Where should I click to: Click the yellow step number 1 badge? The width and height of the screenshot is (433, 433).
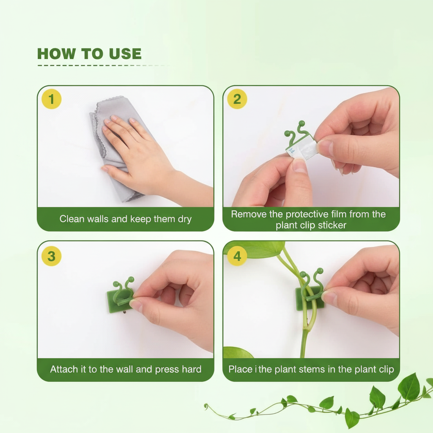(51, 99)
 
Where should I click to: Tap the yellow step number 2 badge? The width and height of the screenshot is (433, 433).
(237, 99)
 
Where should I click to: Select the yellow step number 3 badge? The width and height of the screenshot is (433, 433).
(51, 256)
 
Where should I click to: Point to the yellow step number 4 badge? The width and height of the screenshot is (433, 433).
(237, 256)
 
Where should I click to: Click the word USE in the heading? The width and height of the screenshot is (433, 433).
(125, 54)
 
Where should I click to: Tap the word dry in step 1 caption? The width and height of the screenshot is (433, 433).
(184, 219)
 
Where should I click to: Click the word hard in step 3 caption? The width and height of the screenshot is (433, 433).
(192, 369)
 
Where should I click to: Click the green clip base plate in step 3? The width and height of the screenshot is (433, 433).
(119, 301)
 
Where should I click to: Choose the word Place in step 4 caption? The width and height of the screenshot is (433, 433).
(240, 369)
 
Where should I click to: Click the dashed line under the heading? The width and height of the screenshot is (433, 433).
(104, 66)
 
